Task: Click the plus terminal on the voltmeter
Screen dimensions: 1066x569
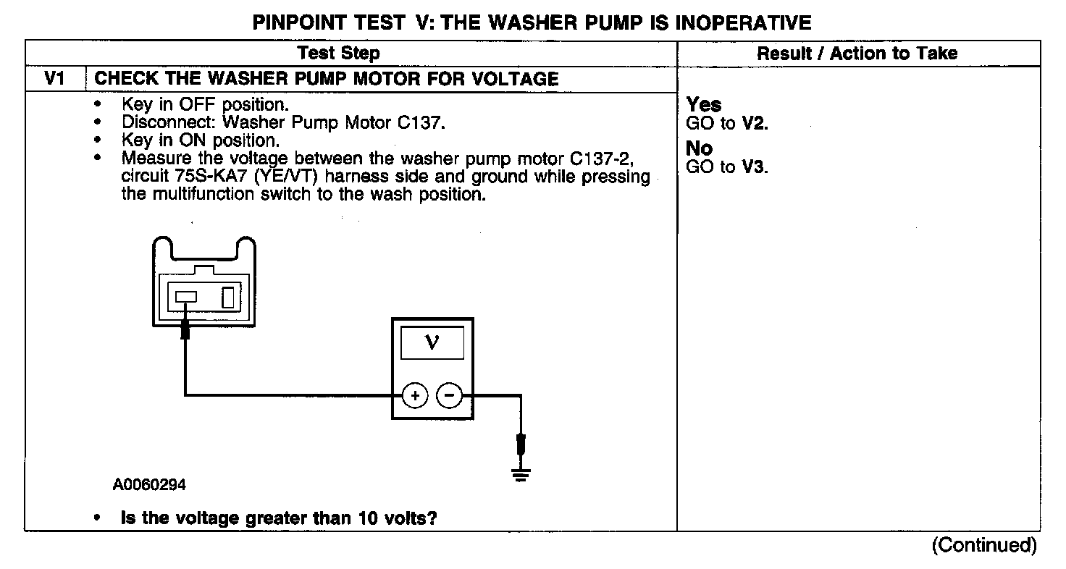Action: [x=415, y=396]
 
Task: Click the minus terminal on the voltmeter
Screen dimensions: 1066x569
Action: [x=449, y=396]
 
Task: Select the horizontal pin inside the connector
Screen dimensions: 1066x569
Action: [x=186, y=297]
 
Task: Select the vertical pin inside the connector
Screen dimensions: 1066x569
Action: [x=228, y=297]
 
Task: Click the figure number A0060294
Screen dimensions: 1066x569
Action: [x=149, y=485]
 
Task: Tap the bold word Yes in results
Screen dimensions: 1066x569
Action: [x=704, y=106]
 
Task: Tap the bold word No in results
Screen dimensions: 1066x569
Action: [x=700, y=149]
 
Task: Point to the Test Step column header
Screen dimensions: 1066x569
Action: [x=338, y=53]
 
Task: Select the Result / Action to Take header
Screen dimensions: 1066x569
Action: [x=857, y=53]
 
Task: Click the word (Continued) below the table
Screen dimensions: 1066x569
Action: [x=984, y=544]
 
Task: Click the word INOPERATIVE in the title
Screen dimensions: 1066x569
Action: [x=743, y=22]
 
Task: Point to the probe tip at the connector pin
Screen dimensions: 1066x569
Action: [x=185, y=332]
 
